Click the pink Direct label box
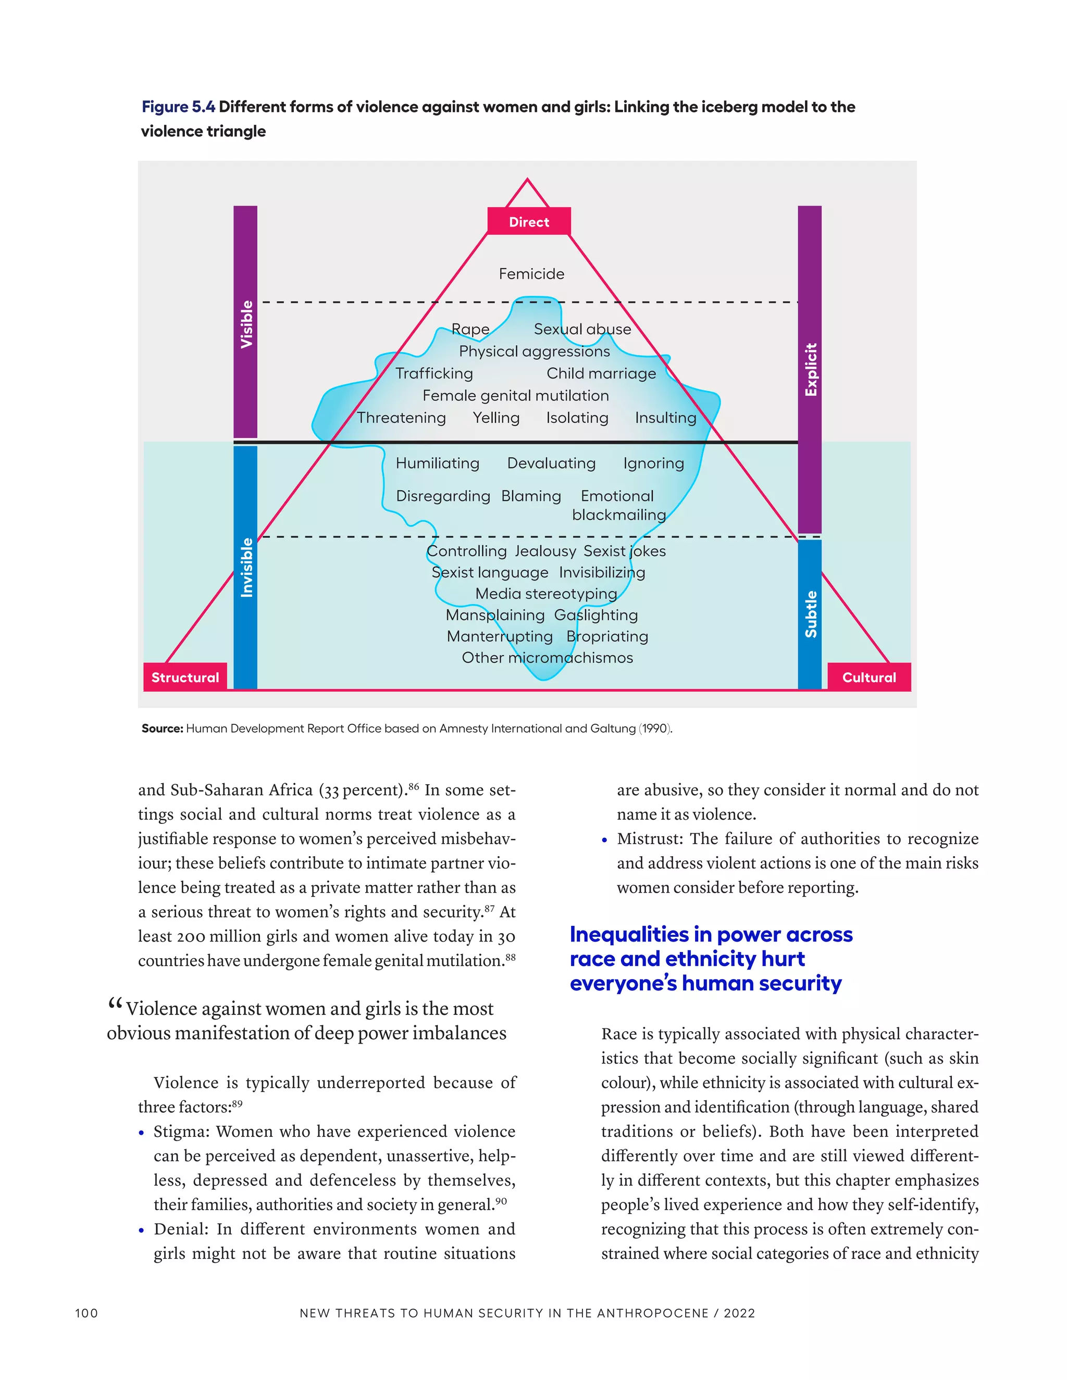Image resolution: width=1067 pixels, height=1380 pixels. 529,221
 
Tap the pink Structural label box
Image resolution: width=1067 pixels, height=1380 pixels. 184,677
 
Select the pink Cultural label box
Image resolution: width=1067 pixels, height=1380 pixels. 869,677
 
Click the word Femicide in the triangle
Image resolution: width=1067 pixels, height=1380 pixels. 531,273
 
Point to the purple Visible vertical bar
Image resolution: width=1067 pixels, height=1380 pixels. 245,322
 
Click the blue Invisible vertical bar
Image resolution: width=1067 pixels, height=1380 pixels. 245,567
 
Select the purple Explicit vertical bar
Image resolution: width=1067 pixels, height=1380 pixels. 810,369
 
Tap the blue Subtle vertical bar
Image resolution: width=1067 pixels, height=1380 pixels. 810,613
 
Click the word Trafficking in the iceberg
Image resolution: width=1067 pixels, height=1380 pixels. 435,373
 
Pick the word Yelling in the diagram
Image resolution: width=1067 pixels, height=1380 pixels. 496,418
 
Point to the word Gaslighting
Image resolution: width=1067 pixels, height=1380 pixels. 596,615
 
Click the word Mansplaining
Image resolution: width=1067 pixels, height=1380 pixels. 495,615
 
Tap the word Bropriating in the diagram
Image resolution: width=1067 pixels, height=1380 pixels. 607,636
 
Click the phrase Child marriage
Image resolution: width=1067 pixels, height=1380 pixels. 601,373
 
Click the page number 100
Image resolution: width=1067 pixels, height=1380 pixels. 86,1313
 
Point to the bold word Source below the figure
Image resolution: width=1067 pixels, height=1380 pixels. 162,729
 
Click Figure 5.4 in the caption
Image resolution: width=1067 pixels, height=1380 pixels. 178,107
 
